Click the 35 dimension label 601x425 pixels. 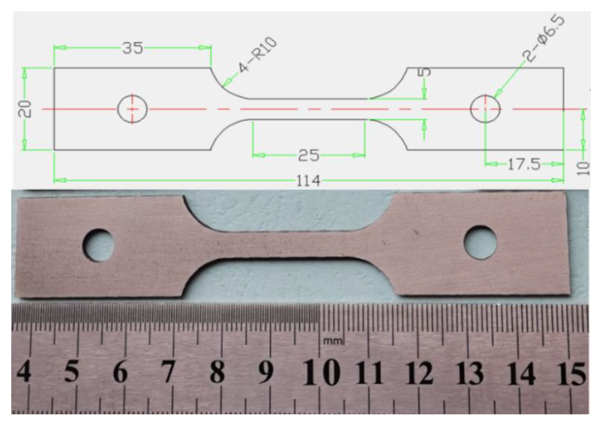pos(133,48)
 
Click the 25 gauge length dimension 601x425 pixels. pos(309,155)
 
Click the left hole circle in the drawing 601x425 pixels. pos(132,109)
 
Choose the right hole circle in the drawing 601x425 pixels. pos(485,109)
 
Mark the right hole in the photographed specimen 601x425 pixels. pos(480,242)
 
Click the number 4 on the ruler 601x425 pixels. pos(24,371)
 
